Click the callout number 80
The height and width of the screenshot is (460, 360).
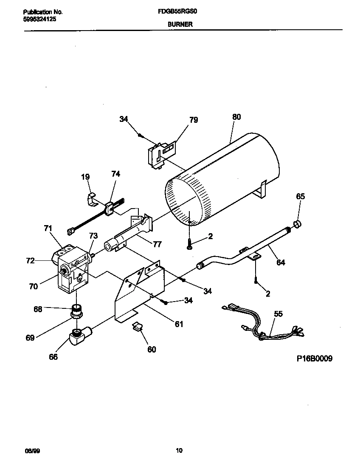[x=236, y=116]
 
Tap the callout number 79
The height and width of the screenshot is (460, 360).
[x=193, y=120]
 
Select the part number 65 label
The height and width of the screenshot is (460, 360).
[x=300, y=196]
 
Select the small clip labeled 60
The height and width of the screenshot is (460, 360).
[x=137, y=327]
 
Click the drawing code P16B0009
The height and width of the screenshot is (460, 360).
[x=314, y=358]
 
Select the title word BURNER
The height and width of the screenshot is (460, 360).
[x=180, y=25]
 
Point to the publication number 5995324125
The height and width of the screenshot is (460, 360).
[x=39, y=20]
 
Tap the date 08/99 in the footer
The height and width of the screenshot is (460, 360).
[x=29, y=450]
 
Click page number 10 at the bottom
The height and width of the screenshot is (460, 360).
[x=179, y=450]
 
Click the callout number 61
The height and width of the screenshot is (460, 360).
[x=179, y=324]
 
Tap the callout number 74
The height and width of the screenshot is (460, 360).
[x=115, y=174]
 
